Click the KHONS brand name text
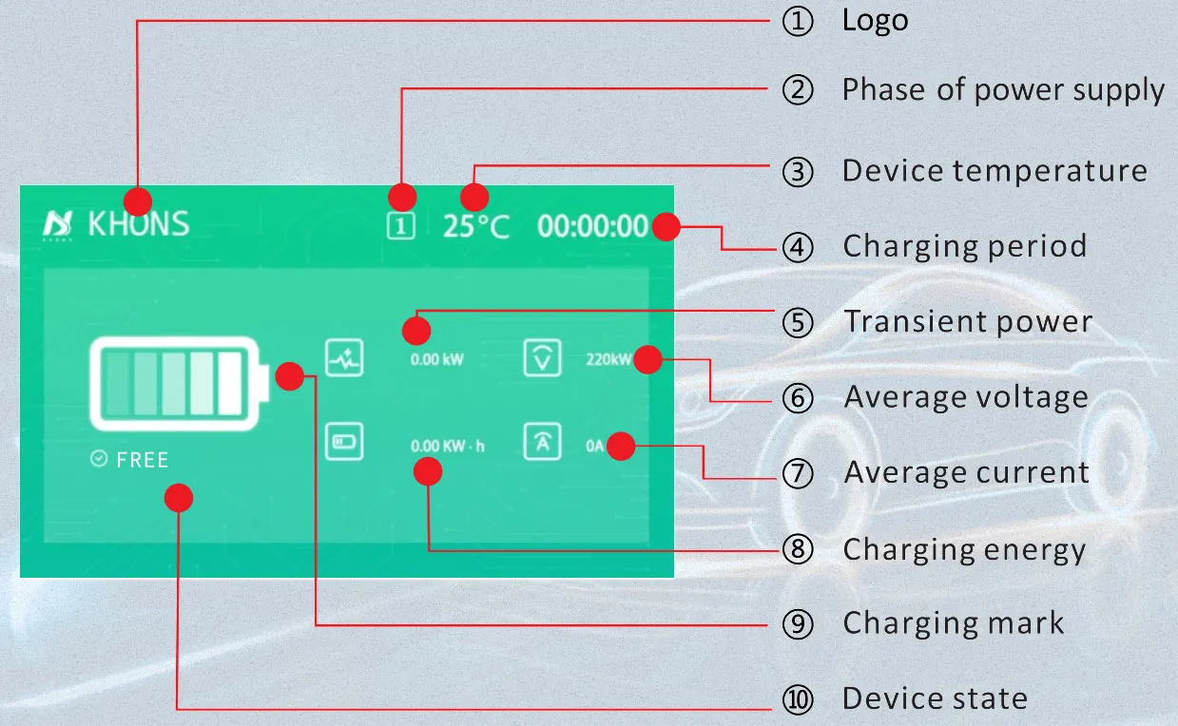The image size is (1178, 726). pyautogui.click(x=139, y=224)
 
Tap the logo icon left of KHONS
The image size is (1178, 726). pyautogui.click(x=57, y=224)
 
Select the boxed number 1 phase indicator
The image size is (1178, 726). pyautogui.click(x=402, y=226)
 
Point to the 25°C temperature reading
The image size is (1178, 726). pyautogui.click(x=475, y=226)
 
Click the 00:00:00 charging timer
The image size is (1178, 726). pyautogui.click(x=591, y=226)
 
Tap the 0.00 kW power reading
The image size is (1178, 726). pyautogui.click(x=437, y=360)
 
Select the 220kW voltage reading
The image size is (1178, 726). pyautogui.click(x=608, y=360)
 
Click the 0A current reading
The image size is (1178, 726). pyautogui.click(x=594, y=445)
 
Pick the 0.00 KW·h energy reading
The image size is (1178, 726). pyautogui.click(x=447, y=445)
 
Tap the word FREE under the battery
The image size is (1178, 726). pyautogui.click(x=142, y=461)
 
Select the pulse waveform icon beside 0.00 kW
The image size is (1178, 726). pyautogui.click(x=343, y=359)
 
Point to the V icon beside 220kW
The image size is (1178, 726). pyautogui.click(x=542, y=359)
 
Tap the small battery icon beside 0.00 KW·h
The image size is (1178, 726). pyautogui.click(x=343, y=443)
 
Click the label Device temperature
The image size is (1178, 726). pyautogui.click(x=995, y=171)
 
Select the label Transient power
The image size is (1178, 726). pyautogui.click(x=968, y=321)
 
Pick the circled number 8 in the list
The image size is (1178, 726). pyautogui.click(x=799, y=549)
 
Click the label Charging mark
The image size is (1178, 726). pyautogui.click(x=954, y=623)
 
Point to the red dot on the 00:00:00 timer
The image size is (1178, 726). pyautogui.click(x=666, y=227)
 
